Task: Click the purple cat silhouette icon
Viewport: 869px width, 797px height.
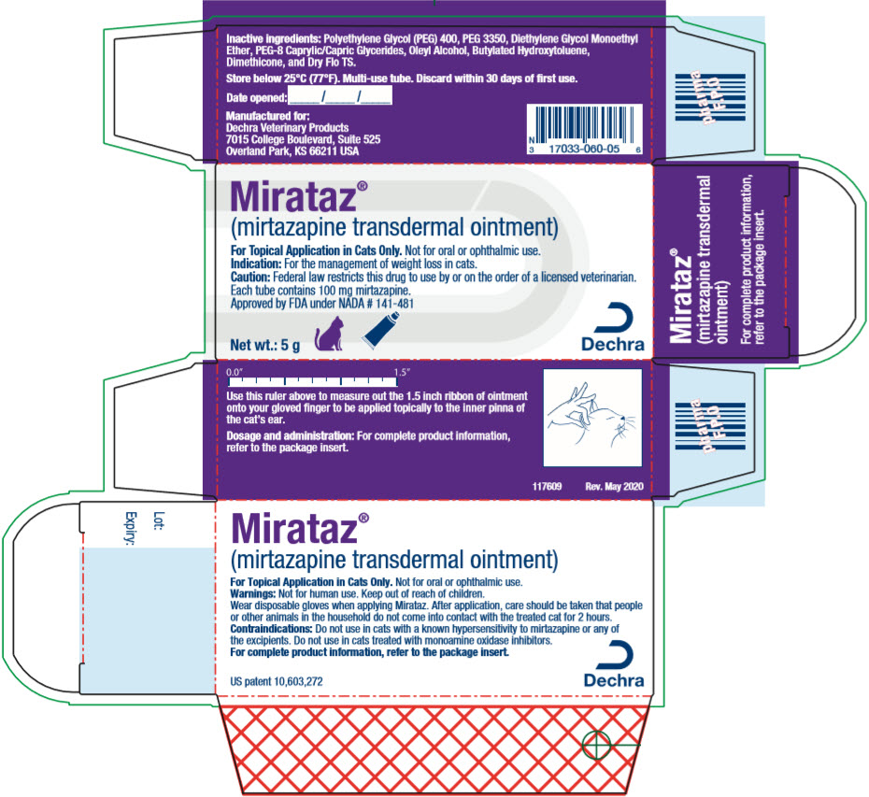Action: (x=329, y=334)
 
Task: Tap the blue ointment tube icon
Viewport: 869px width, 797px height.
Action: (x=380, y=331)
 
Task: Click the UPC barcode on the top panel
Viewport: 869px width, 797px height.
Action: (x=585, y=123)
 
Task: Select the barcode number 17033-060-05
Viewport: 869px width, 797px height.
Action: (x=584, y=149)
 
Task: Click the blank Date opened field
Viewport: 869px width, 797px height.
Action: (x=340, y=96)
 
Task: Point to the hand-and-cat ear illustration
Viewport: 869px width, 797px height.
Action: (x=592, y=418)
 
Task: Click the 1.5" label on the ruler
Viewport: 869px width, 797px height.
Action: (x=403, y=373)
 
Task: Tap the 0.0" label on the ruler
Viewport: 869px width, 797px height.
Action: (x=235, y=373)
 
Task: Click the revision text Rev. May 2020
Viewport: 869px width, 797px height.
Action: (x=614, y=487)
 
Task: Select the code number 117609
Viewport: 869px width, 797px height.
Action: (x=547, y=487)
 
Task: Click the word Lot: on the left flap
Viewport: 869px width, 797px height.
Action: (x=159, y=521)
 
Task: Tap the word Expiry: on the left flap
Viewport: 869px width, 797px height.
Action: (x=130, y=528)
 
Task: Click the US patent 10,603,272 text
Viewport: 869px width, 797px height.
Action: (x=277, y=681)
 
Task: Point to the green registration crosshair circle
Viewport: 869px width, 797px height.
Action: (x=596, y=745)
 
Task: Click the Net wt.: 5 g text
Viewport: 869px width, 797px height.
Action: (x=265, y=345)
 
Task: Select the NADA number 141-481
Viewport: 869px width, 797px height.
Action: (x=394, y=303)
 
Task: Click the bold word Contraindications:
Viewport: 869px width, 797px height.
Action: (x=272, y=629)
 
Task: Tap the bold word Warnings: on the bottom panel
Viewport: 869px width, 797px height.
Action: (x=252, y=593)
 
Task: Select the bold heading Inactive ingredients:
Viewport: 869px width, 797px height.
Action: (x=273, y=39)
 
